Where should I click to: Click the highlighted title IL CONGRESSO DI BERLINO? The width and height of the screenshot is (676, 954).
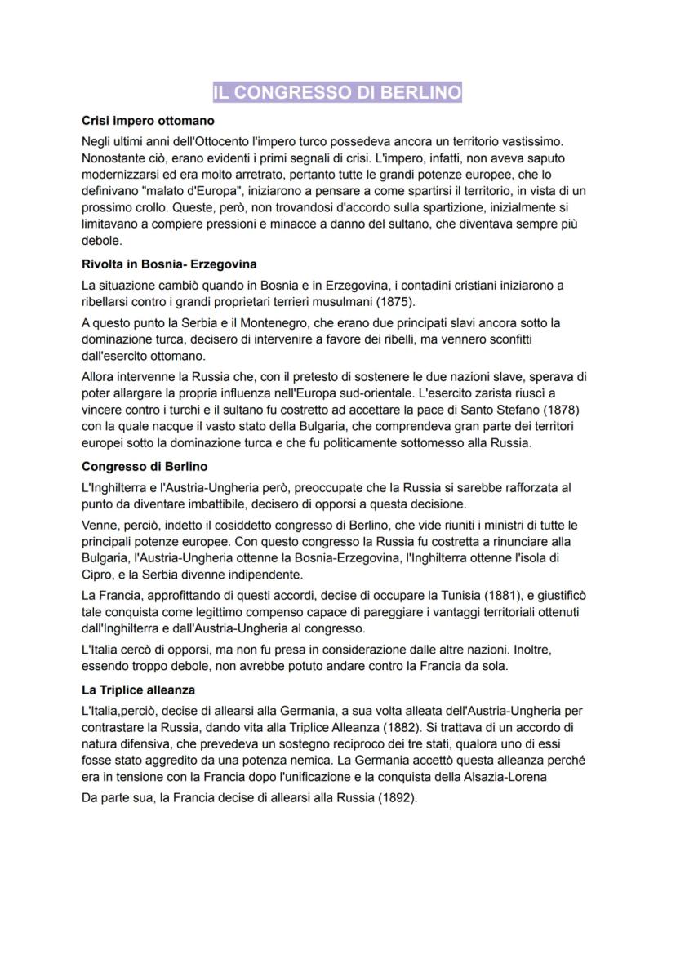pyautogui.click(x=337, y=92)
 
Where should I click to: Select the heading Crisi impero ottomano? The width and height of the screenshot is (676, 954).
pyautogui.click(x=148, y=121)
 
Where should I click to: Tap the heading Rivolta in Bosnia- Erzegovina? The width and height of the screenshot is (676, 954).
pyautogui.click(x=169, y=264)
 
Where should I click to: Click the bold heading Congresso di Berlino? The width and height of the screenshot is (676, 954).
pyautogui.click(x=145, y=467)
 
